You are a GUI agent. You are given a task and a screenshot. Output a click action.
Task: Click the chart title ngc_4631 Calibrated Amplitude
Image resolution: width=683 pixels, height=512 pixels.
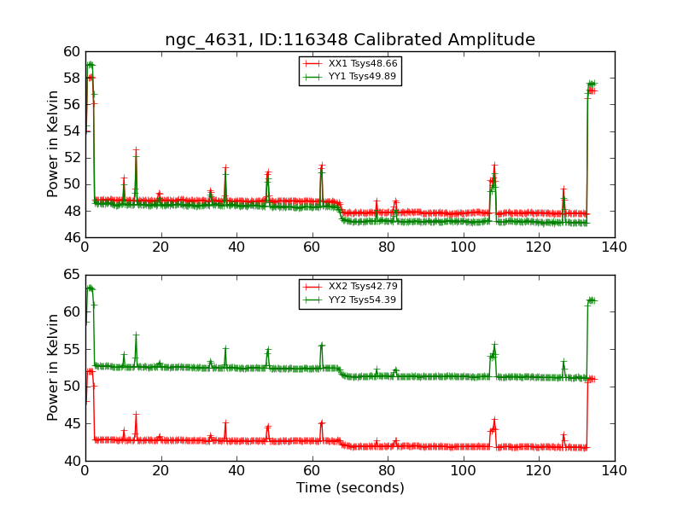click(x=350, y=39)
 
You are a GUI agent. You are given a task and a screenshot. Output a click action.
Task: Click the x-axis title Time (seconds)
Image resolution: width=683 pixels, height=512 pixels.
click(x=350, y=488)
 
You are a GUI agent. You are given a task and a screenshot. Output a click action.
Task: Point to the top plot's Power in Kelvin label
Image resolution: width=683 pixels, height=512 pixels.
click(x=53, y=143)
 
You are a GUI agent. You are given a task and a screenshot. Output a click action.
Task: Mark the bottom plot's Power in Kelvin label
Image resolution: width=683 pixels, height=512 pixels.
click(x=53, y=367)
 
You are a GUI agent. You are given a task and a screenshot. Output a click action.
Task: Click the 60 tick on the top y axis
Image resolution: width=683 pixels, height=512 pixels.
click(x=71, y=52)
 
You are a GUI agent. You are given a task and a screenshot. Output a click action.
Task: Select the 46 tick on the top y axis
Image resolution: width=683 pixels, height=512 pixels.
click(x=71, y=237)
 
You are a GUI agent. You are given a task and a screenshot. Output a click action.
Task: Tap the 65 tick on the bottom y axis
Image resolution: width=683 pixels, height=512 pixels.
click(x=71, y=276)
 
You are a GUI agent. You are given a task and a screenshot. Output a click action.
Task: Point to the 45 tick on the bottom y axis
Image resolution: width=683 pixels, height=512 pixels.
click(x=71, y=424)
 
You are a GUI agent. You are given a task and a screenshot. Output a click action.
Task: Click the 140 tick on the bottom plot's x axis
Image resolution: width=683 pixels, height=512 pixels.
click(x=614, y=470)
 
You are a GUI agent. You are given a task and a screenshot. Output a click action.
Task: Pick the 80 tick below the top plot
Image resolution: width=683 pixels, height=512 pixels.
click(x=388, y=247)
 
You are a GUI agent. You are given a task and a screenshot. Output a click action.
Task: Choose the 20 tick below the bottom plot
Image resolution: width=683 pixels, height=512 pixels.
click(x=161, y=470)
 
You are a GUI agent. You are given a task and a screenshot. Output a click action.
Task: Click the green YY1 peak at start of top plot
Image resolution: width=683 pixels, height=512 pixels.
click(x=90, y=64)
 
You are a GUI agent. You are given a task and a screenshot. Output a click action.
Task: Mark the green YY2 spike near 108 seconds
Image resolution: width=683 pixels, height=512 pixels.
click(x=493, y=346)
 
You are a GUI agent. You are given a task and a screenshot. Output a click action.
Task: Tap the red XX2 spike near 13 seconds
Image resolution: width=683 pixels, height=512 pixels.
click(x=135, y=415)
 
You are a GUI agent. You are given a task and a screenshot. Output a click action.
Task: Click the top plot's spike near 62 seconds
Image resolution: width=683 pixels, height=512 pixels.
click(x=321, y=166)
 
